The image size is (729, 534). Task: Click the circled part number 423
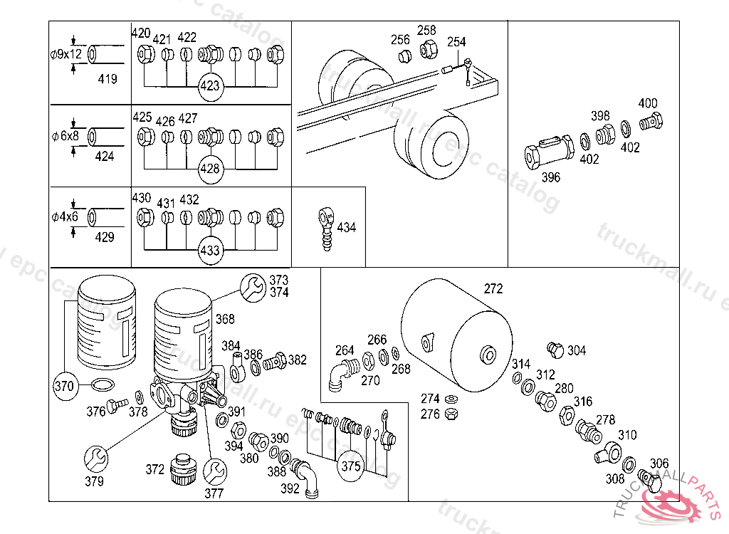pos(211,88)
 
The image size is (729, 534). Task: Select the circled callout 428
pos(211,169)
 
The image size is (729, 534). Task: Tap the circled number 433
pos(211,251)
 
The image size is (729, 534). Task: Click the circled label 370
pos(64,387)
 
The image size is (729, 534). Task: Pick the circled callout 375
pos(351,466)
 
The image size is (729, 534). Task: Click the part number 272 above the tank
pos(493,289)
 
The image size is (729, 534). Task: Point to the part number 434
pos(347,228)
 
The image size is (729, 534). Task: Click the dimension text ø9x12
pos(66,53)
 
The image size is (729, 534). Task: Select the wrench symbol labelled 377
pos(214,470)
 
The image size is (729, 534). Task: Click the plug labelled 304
pos(555,349)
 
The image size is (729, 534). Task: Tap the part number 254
pos(456,43)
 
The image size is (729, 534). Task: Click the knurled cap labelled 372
pos(184,470)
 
